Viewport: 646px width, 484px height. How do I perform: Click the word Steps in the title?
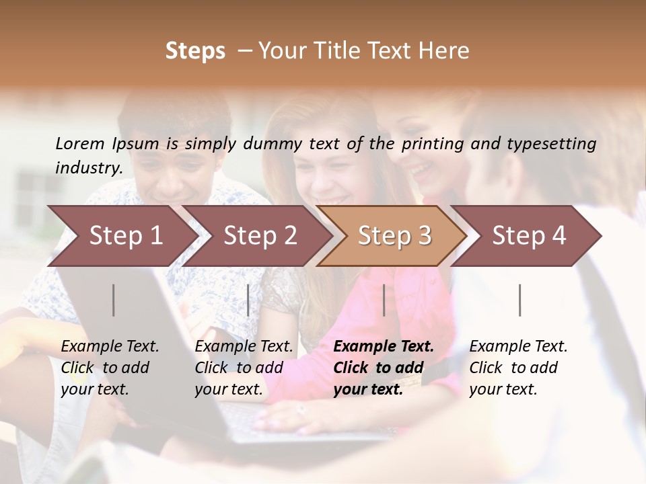tap(195, 51)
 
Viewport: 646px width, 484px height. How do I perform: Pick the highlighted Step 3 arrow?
tap(394, 236)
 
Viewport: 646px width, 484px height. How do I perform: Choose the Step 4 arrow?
tap(529, 236)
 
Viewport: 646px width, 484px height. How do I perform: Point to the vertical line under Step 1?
tap(114, 300)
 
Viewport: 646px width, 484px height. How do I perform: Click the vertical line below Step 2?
tap(248, 300)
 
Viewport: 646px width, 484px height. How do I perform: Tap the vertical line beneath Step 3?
tap(384, 300)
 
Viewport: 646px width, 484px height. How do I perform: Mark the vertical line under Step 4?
tap(520, 300)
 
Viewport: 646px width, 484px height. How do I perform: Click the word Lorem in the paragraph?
tap(80, 143)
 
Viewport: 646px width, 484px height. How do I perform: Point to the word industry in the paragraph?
tap(89, 167)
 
